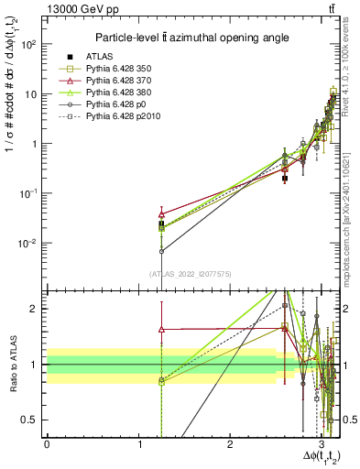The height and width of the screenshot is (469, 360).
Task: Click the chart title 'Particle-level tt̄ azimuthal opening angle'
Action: tap(189, 38)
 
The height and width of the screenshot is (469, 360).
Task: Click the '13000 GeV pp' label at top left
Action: tap(79, 9)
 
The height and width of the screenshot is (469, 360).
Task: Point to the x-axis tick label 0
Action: tap(47, 445)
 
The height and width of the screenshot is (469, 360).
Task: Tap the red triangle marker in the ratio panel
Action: tap(162, 328)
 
